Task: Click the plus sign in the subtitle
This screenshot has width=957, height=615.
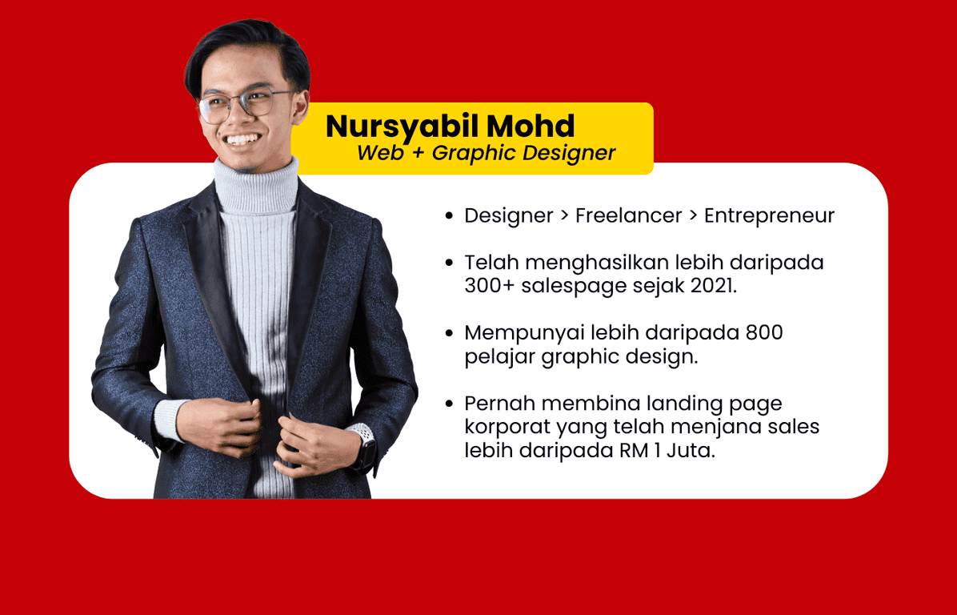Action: coord(418,153)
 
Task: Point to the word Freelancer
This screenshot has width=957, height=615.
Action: coord(629,215)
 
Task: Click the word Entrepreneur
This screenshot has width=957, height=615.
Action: coord(769,216)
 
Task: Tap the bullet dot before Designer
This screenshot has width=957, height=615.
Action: coord(450,215)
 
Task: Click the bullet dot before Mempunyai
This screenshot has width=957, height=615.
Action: coord(450,333)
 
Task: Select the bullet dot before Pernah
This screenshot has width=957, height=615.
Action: coord(450,404)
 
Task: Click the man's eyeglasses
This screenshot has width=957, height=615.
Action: coord(244,104)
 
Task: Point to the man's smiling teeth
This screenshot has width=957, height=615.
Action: coord(243,140)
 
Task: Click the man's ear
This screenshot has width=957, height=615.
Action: coord(300,105)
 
